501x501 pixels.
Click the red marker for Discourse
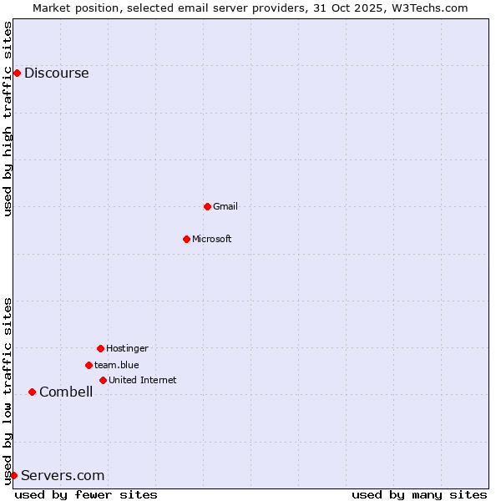coord(17,73)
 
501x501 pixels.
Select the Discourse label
coord(56,73)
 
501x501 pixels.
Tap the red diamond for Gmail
coord(207,206)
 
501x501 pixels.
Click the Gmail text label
coord(225,206)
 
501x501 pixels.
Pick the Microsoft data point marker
coord(186,239)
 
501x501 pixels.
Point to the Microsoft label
coord(211,239)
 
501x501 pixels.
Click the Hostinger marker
coord(100,348)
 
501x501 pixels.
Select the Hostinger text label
coord(127,348)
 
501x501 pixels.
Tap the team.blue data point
coord(89,365)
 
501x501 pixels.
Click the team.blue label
coord(116,365)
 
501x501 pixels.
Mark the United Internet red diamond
coord(103,380)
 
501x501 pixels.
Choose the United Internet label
coord(142,380)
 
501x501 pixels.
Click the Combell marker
coord(32,392)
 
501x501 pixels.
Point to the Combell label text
coord(66,392)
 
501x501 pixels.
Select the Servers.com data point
coord(13,475)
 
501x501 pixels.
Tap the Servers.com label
coord(63,475)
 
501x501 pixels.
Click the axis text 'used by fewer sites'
coord(86,494)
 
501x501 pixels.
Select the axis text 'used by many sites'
coord(419,494)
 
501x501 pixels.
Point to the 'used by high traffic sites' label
coord(8,119)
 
